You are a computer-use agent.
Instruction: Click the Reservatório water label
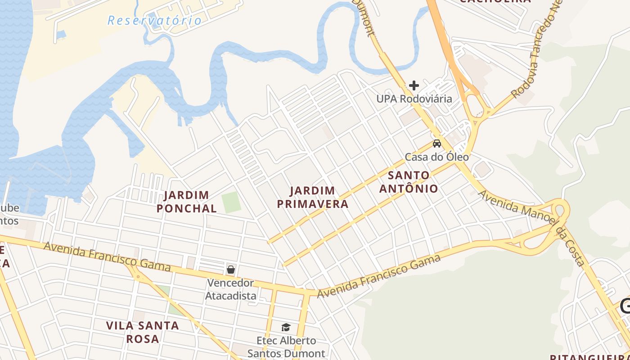[x=155, y=20]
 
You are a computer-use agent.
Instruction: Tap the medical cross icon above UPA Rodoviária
[x=414, y=85]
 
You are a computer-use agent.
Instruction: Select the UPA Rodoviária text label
[x=414, y=99]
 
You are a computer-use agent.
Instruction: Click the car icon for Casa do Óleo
[x=436, y=144]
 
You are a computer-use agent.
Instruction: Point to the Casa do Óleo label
[x=436, y=157]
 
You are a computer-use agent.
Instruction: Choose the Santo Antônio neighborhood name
[x=409, y=182]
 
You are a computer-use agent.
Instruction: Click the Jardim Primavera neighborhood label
[x=313, y=197]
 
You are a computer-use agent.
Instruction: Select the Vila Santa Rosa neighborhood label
[x=143, y=332]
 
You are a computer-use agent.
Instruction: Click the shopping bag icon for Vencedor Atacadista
[x=231, y=270]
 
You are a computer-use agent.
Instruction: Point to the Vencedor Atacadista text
[x=231, y=289]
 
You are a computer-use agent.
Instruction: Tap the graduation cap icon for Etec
[x=286, y=327]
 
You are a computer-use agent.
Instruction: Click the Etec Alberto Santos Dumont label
[x=286, y=347]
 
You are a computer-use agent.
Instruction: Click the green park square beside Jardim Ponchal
[x=231, y=202]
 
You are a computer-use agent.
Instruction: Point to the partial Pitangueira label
[x=589, y=357]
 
